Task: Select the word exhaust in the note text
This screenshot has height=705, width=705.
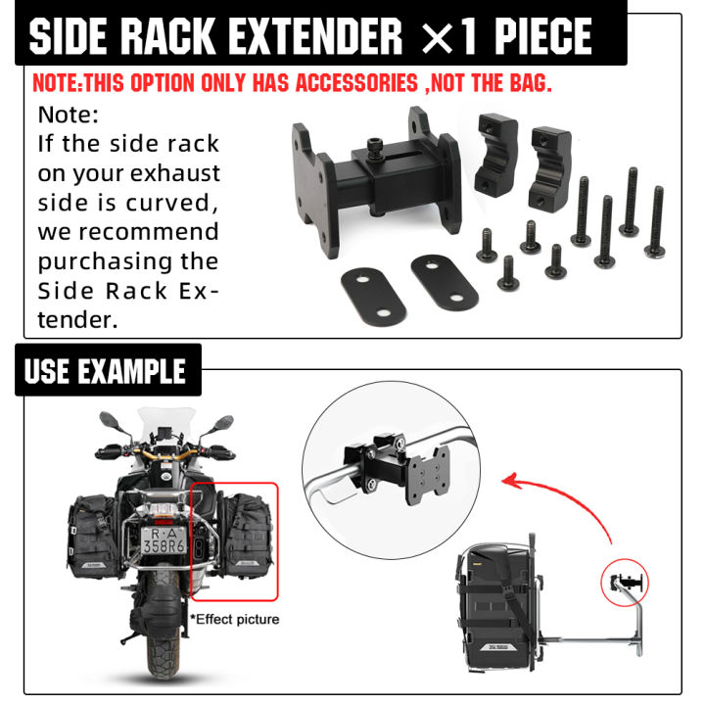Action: pyautogui.click(x=178, y=174)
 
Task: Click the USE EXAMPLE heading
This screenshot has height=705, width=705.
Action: pyautogui.click(x=106, y=372)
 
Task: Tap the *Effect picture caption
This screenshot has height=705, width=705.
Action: pyautogui.click(x=235, y=619)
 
